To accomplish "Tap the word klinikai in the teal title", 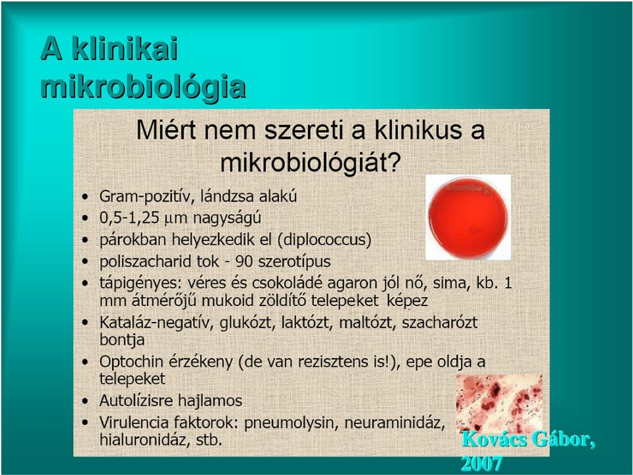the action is point(125,49).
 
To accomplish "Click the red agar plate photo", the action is point(468,217).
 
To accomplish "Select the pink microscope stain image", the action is point(499,404).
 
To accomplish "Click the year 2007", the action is point(481,464).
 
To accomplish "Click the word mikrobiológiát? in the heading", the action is point(311,163).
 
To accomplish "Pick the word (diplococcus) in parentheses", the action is point(324,239).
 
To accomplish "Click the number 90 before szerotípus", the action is point(244,262).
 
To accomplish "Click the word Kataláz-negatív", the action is point(156,323).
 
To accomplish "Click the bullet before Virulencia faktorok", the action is point(85,423).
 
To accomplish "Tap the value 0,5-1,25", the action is point(129,218).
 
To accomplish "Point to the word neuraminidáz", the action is point(395,423).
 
